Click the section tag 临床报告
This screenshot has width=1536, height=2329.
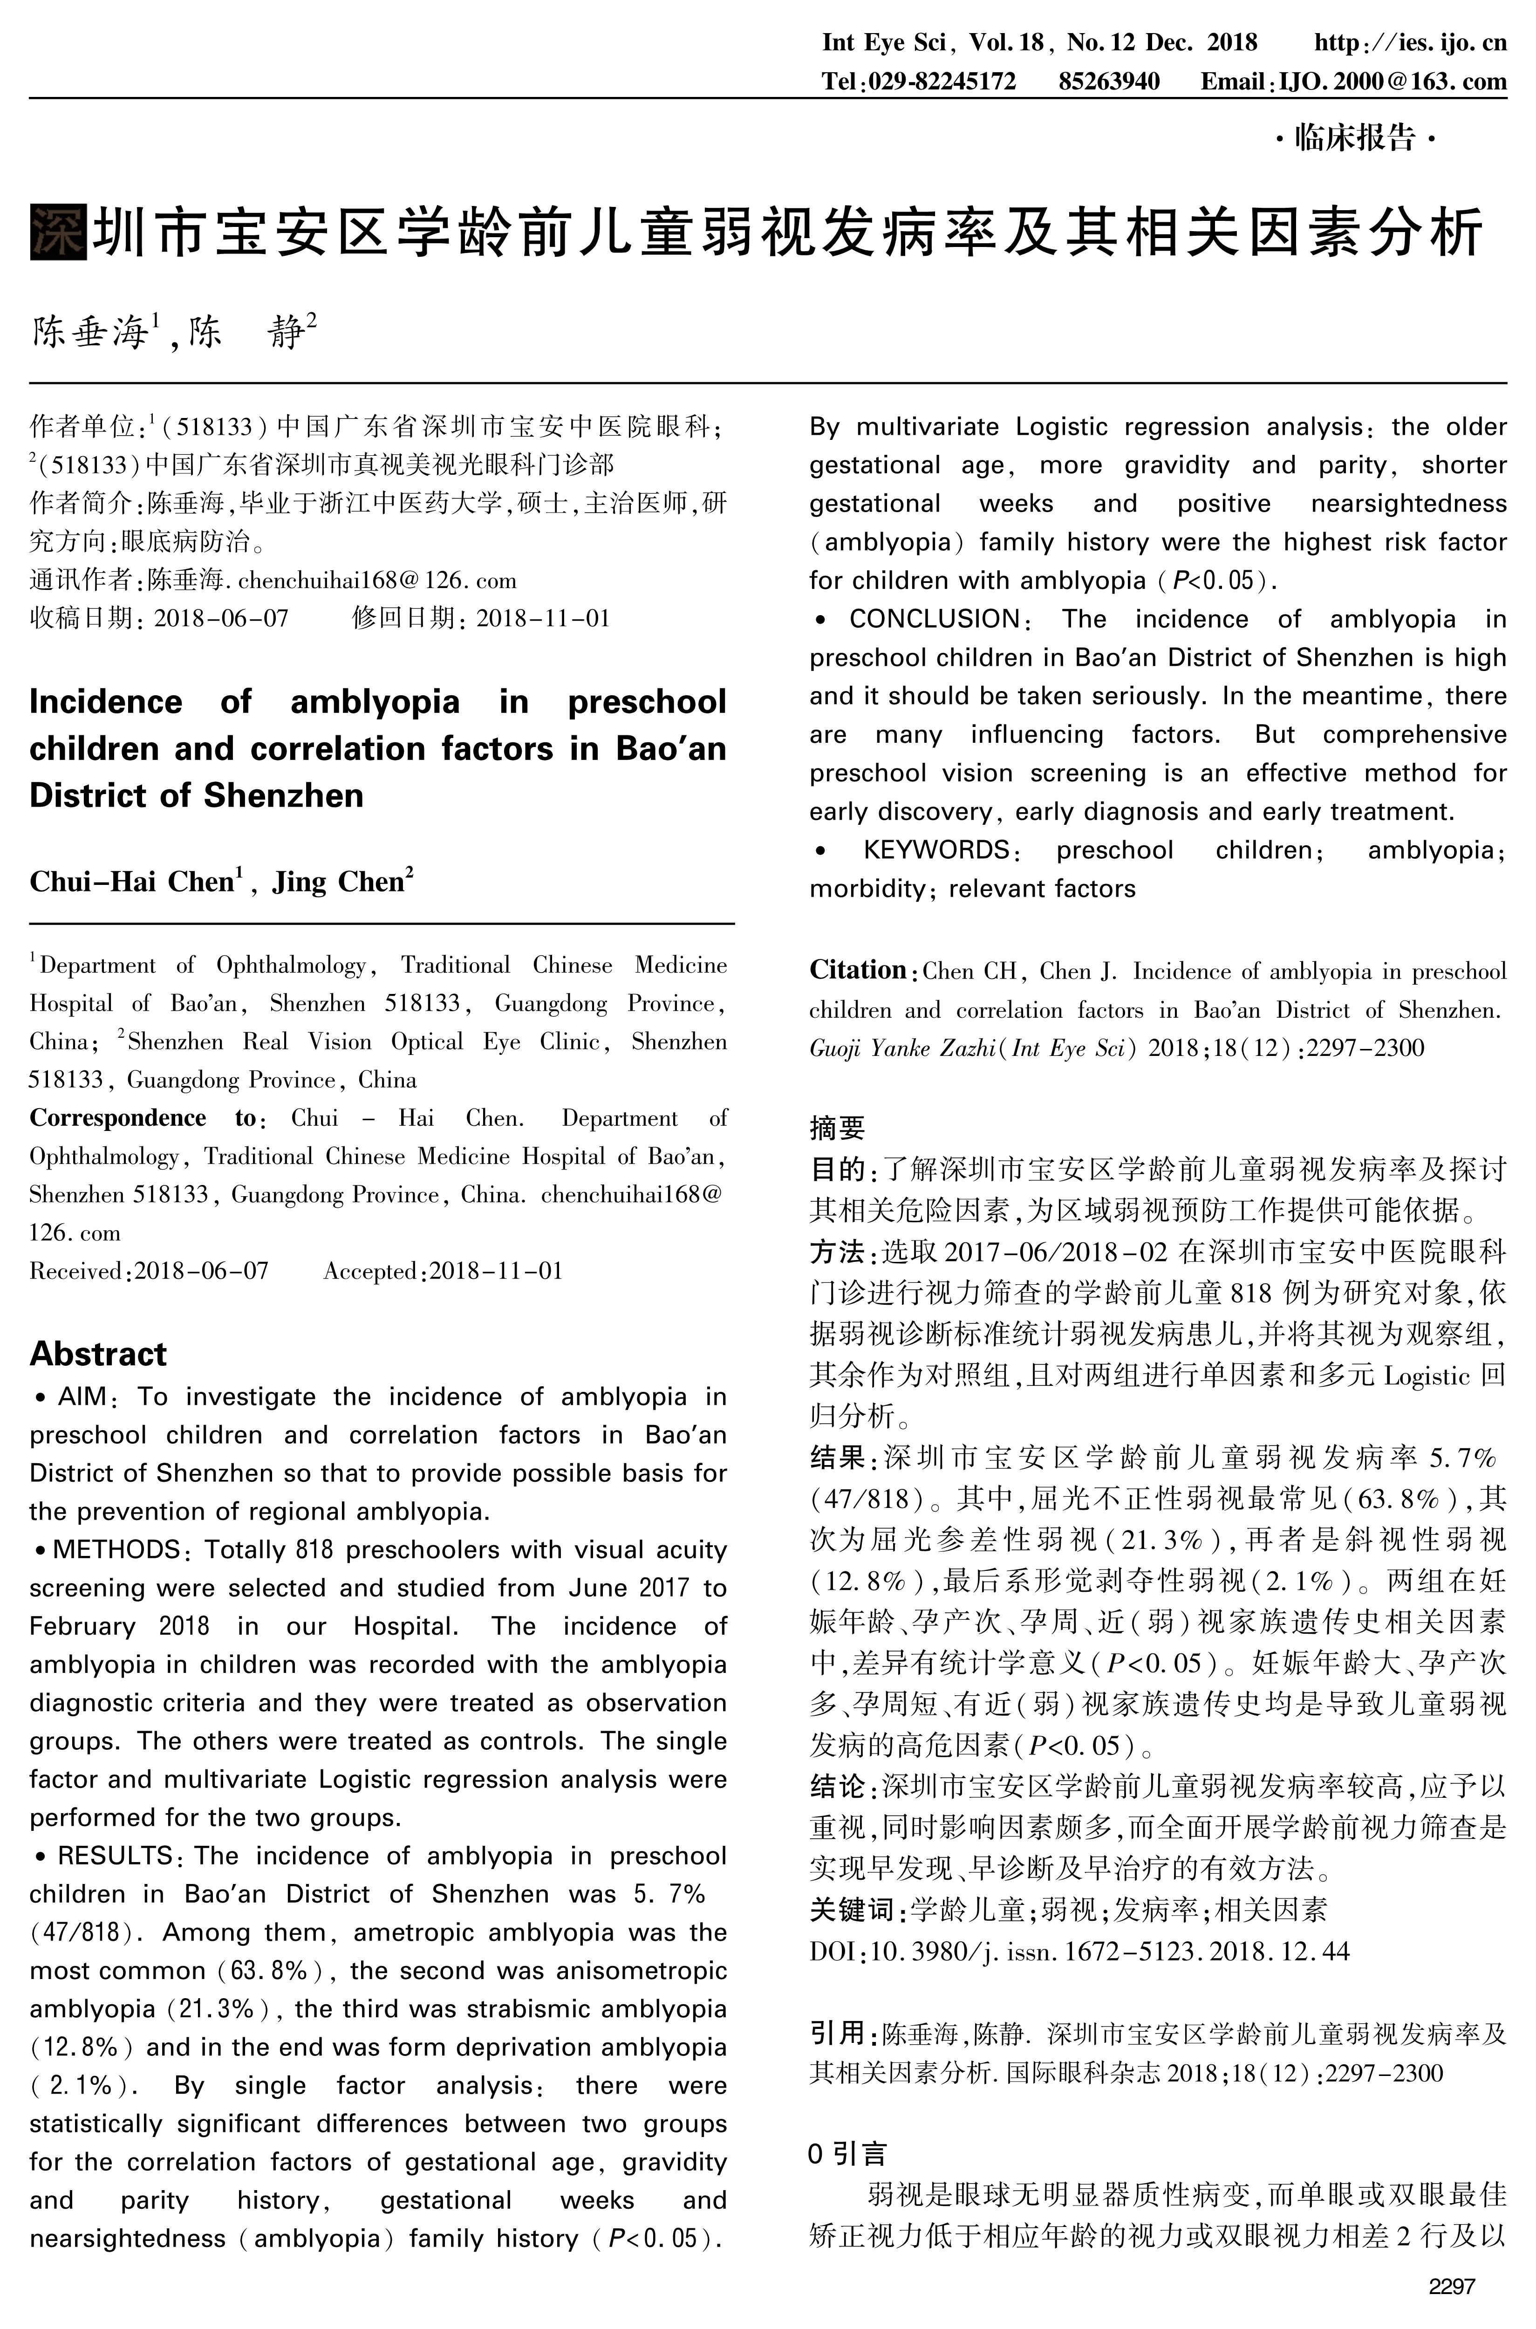(1355, 138)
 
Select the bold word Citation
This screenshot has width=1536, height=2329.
(857, 970)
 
